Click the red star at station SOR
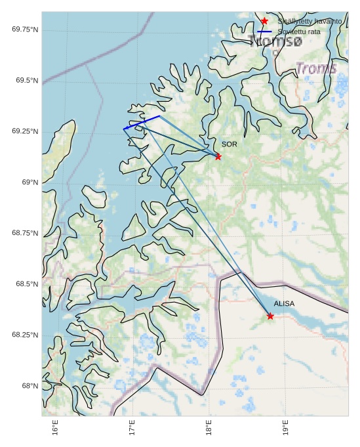[218, 156]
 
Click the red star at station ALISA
[270, 316]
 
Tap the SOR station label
[229, 144]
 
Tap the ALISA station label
[284, 304]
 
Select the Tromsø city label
[275, 41]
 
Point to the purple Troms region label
[316, 68]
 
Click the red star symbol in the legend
[264, 22]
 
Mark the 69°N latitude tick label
[29, 182]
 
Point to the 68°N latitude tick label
[29, 385]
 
